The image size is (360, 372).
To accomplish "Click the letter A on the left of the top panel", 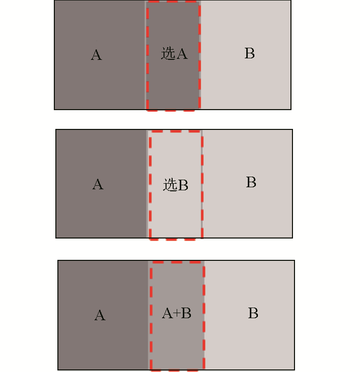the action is [x=96, y=55].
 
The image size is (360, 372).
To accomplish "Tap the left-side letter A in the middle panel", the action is [x=98, y=184].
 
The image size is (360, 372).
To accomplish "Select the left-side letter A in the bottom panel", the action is [x=100, y=315].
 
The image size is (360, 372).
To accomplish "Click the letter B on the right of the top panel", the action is [x=250, y=53].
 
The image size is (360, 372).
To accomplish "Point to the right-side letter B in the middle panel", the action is [x=251, y=182].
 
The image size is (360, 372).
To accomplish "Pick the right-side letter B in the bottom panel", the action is [x=253, y=313].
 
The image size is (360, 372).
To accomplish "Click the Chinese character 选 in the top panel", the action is [x=168, y=53].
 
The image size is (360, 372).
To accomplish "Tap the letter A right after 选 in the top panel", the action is [x=182, y=54].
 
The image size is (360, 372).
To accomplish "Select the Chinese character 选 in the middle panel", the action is [x=171, y=185].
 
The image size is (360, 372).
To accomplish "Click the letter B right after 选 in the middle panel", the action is [x=183, y=185].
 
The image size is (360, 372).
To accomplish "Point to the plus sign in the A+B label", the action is [x=177, y=314].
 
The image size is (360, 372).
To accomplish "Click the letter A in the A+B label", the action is [x=168, y=313].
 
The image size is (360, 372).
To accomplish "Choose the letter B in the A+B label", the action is [x=186, y=313].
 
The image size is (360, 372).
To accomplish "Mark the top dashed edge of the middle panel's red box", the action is [x=176, y=131].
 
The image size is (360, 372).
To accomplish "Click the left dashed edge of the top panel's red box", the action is [x=148, y=55].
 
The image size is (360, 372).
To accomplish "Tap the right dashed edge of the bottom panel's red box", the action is [x=204, y=316].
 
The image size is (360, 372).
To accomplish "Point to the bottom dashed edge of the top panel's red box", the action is [x=171, y=110].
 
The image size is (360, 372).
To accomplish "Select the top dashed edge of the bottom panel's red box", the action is [x=178, y=262].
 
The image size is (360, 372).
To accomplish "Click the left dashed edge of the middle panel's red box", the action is [x=150, y=185].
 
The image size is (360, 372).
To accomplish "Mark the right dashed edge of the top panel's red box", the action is [x=200, y=55].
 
